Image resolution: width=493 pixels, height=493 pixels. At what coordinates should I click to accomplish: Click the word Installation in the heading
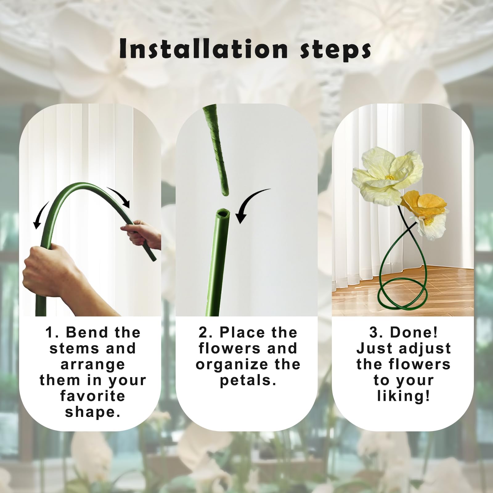(x=203, y=49)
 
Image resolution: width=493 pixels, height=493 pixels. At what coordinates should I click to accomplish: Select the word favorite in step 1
(x=93, y=396)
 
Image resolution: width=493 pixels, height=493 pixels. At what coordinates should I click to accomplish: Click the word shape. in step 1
(x=93, y=412)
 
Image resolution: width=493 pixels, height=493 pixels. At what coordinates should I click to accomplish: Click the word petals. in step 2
(x=248, y=381)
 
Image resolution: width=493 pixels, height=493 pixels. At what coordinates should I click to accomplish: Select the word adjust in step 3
(x=425, y=348)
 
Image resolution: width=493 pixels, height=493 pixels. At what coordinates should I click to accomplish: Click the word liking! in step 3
(x=403, y=396)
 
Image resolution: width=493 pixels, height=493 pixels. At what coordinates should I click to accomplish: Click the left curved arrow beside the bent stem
(x=40, y=214)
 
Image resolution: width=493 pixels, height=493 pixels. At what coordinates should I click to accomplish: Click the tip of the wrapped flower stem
(x=225, y=193)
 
